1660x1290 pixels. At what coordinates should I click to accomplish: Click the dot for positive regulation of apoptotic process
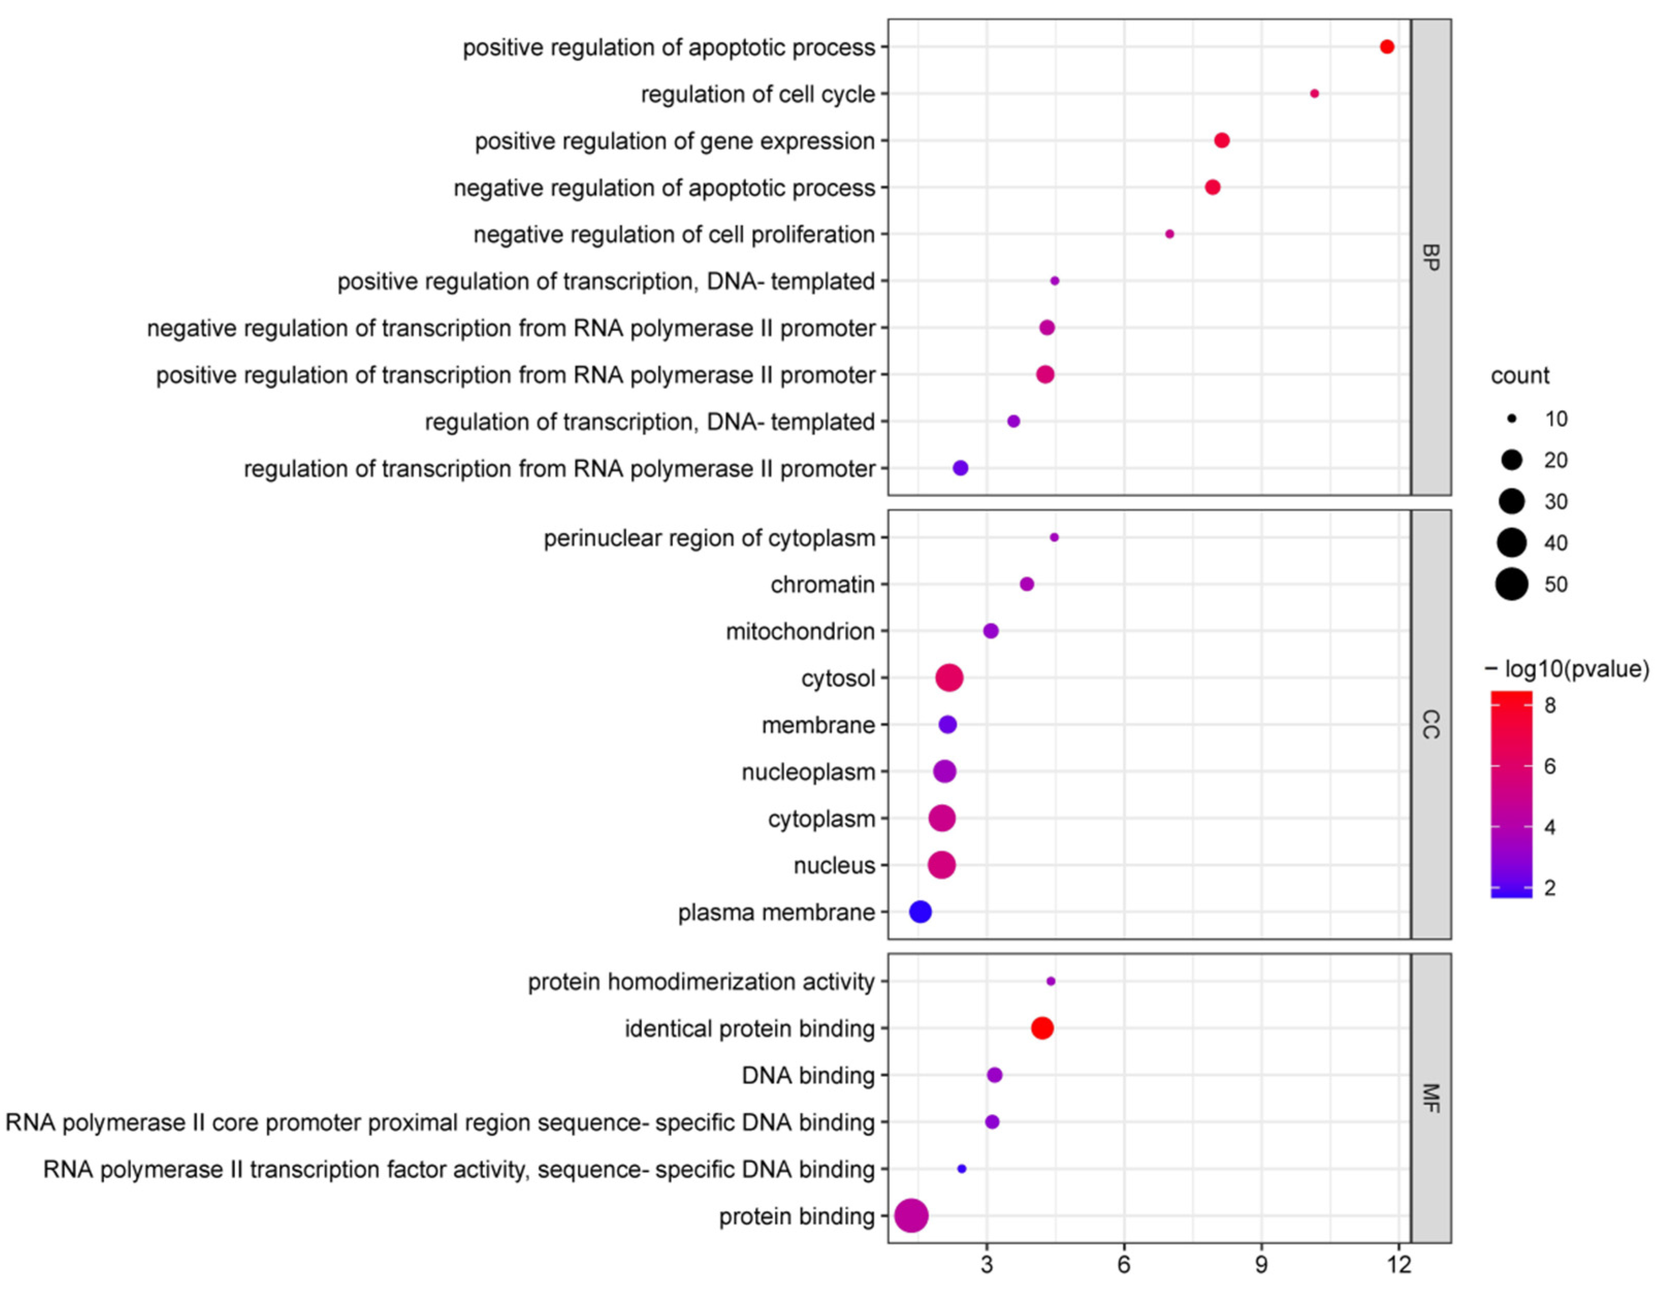[1387, 47]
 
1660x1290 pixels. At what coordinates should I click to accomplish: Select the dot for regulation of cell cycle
[1315, 93]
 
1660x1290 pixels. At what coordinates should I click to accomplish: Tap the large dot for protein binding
[912, 1216]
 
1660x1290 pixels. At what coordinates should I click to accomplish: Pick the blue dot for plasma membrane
[920, 911]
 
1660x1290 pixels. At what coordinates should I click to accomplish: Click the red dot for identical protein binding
[1042, 1028]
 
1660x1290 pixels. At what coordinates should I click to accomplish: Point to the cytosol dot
[949, 678]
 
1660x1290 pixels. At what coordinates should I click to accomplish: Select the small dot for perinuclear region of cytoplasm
[1054, 537]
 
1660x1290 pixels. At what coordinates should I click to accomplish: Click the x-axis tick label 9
[1262, 1264]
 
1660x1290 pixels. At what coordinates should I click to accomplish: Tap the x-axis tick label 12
[1398, 1264]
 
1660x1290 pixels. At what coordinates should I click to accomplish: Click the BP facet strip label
[1430, 257]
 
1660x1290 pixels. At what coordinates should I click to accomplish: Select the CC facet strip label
[1430, 724]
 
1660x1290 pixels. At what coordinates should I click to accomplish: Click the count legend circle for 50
[1512, 584]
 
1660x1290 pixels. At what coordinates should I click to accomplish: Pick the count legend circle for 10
[1512, 419]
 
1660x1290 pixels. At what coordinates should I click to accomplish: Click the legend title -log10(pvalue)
[1567, 668]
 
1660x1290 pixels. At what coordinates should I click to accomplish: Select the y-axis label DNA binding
[808, 1075]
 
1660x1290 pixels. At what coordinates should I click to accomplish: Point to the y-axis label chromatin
[822, 584]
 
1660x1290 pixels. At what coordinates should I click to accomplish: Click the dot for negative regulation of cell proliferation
[1170, 234]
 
